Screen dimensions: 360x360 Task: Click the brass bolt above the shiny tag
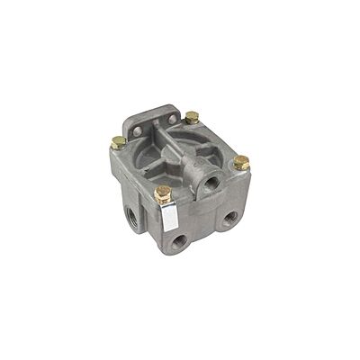(163, 193)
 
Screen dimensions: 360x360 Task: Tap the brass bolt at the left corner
(118, 141)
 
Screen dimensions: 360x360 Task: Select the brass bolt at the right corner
(241, 163)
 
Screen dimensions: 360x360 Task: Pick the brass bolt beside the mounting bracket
(192, 117)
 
